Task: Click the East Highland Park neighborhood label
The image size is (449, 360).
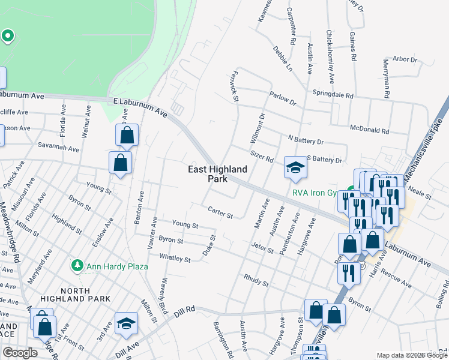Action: [217, 174]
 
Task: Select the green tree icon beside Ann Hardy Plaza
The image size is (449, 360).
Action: [76, 265]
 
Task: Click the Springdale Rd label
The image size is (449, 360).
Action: [333, 94]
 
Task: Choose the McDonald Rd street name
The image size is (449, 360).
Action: [369, 128]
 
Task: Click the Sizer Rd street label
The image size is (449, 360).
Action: [262, 157]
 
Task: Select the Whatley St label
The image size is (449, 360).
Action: [174, 258]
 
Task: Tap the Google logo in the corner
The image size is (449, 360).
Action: [20, 353]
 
